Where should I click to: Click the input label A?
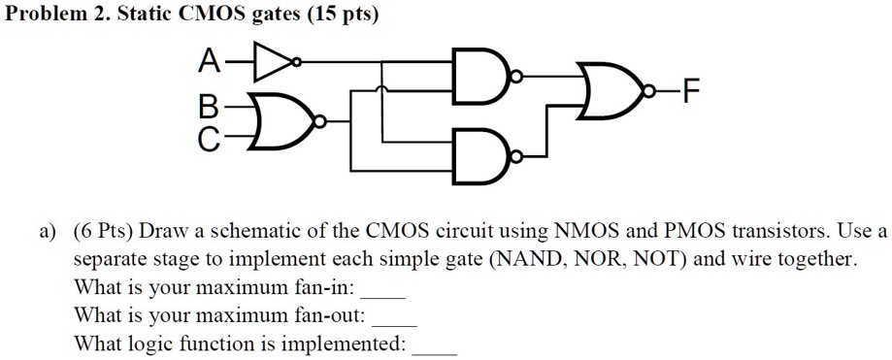pos(208,63)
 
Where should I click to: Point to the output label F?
pos(689,94)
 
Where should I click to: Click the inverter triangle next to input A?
pos(272,63)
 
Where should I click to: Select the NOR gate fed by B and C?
pos(279,123)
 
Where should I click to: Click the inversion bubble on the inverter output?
pos(295,63)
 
